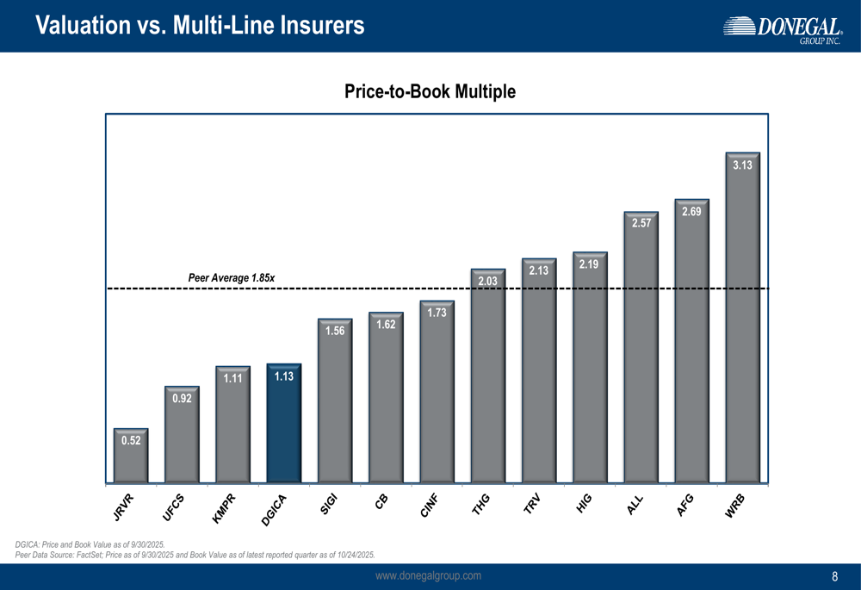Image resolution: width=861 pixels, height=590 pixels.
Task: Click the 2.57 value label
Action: coord(641,223)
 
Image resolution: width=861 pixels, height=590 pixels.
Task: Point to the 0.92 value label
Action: coord(182,398)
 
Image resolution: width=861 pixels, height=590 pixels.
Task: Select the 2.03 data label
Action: coord(488,281)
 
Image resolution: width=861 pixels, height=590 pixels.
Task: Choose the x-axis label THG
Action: coord(480,506)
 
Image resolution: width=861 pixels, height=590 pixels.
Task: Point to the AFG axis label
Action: coord(685,506)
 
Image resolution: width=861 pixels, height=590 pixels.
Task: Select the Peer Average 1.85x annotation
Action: coord(231,277)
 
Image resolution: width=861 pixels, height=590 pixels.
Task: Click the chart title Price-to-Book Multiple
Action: coord(430,91)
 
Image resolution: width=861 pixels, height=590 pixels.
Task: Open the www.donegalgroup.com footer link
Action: coord(429,575)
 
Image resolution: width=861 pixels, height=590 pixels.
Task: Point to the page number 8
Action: coord(834,577)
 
